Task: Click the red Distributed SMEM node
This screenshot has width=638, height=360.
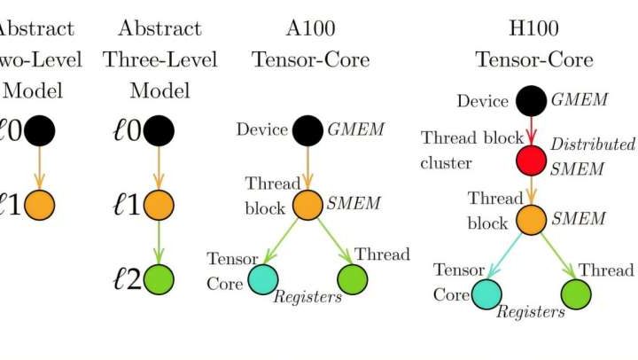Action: coord(531,160)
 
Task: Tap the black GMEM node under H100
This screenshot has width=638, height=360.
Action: coord(531,101)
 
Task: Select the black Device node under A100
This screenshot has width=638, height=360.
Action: coord(307,130)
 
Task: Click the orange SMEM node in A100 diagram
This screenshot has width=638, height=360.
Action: coord(307,205)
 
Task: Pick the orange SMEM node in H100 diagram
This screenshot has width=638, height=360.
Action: coord(531,219)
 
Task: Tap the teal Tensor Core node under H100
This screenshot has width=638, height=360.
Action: coord(486,293)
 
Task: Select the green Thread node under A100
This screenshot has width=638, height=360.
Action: coord(353,278)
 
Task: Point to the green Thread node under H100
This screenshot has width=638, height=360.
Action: coord(576,293)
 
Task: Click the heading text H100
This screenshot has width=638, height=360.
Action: coord(534,28)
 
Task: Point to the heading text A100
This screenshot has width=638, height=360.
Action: coord(311,28)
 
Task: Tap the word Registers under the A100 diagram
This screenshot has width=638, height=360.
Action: coord(307,297)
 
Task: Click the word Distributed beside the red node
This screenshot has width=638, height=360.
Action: coord(593,144)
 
